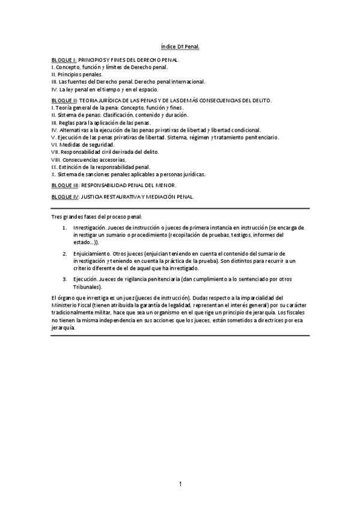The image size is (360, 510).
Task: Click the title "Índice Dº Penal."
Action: [180, 46]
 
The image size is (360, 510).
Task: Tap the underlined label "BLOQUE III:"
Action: [66, 186]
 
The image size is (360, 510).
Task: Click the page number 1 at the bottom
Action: [180, 484]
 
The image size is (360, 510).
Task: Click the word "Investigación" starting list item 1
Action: [90, 229]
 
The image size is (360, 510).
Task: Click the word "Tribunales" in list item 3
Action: [88, 287]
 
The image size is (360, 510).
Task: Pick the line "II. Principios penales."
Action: [77, 74]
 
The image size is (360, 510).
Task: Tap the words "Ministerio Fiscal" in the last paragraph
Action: [71, 305]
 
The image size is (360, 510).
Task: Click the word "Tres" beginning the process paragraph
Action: [56, 216]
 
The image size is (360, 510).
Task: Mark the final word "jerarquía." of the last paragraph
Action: [64, 328]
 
